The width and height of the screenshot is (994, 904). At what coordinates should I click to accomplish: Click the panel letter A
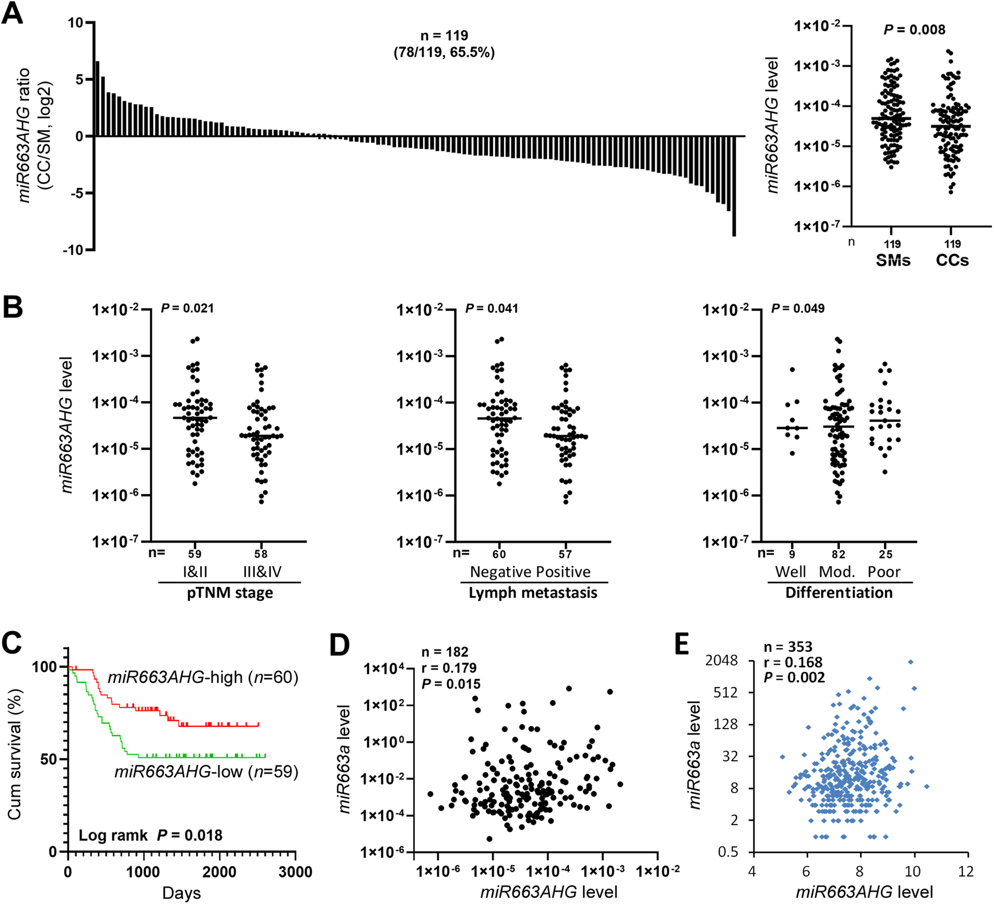pyautogui.click(x=13, y=14)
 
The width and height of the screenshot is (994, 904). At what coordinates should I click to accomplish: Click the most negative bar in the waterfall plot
pyautogui.click(x=734, y=186)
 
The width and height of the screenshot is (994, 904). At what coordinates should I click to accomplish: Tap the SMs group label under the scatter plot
pyautogui.click(x=893, y=261)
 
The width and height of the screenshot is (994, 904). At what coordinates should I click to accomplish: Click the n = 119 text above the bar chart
pyautogui.click(x=444, y=36)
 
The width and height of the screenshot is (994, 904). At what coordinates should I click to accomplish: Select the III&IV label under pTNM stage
pyautogui.click(x=262, y=572)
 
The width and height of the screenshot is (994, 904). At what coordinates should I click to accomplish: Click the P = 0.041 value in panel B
pyautogui.click(x=491, y=308)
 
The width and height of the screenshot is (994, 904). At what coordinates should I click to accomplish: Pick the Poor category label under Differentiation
pyautogui.click(x=884, y=572)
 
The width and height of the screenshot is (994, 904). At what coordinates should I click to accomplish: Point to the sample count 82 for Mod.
pyautogui.click(x=838, y=554)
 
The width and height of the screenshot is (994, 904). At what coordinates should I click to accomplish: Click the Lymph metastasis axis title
pyautogui.click(x=533, y=593)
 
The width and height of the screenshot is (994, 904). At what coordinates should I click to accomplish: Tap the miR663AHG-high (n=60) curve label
pyautogui.click(x=203, y=677)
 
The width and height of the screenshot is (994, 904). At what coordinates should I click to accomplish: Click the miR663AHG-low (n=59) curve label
pyautogui.click(x=206, y=771)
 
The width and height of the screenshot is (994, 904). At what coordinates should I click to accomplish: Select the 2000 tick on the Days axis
pyautogui.click(x=219, y=872)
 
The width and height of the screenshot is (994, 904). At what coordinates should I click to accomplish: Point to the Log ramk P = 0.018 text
pyautogui.click(x=150, y=835)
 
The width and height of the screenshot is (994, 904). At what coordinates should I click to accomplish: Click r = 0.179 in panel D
pyautogui.click(x=449, y=668)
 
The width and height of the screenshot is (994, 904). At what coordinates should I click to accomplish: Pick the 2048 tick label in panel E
pyautogui.click(x=721, y=661)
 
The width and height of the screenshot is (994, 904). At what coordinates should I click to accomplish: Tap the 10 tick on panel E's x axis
pyautogui.click(x=912, y=871)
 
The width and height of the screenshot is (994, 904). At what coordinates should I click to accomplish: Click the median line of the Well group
pyautogui.click(x=792, y=428)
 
